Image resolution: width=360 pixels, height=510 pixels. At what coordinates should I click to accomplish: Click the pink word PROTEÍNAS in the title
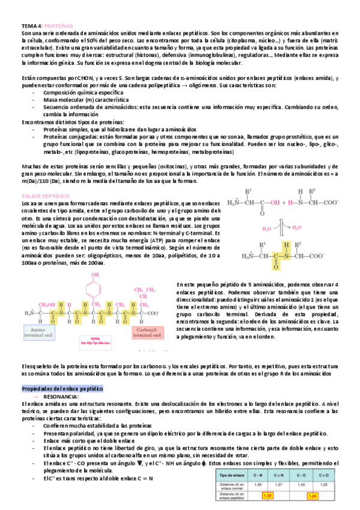(x=59, y=26)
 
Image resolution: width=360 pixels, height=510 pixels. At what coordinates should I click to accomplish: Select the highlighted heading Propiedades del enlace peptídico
(x=62, y=389)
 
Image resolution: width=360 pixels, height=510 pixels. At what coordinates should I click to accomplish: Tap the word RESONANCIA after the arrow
(x=59, y=397)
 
